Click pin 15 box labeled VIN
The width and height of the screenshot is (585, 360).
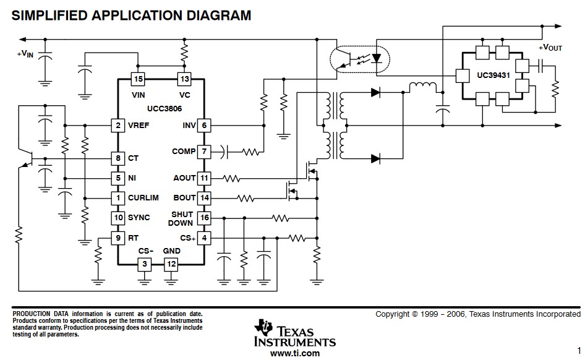pyautogui.click(x=138, y=79)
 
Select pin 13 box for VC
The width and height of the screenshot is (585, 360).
pyautogui.click(x=184, y=79)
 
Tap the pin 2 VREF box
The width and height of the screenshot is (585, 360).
pyautogui.click(x=117, y=126)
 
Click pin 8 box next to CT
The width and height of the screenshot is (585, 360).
pyautogui.click(x=117, y=158)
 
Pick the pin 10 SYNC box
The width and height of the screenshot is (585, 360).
pyautogui.click(x=117, y=218)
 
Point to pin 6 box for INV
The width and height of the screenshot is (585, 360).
pyautogui.click(x=204, y=126)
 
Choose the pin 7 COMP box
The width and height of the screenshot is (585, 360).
pyautogui.click(x=204, y=152)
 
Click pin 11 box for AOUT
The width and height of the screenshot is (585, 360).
pyautogui.click(x=204, y=178)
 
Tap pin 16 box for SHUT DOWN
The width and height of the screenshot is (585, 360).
pyautogui.click(x=204, y=218)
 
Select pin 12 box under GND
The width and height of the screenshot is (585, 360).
pyautogui.click(x=171, y=264)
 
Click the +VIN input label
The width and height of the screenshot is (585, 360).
pyautogui.click(x=25, y=54)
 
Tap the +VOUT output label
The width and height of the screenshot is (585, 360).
pyautogui.click(x=550, y=48)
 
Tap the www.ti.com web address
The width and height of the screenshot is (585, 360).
pyautogui.click(x=295, y=353)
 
